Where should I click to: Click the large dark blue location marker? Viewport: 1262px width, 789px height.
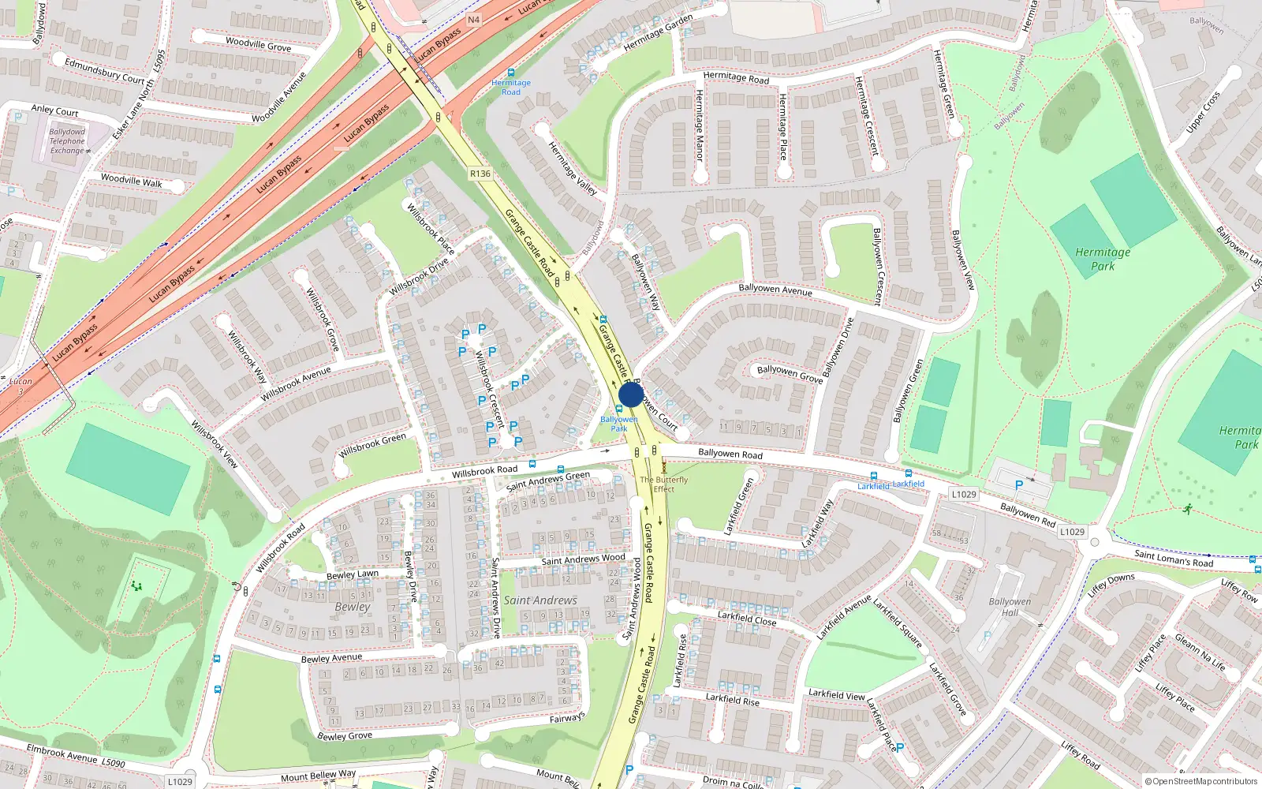(631, 394)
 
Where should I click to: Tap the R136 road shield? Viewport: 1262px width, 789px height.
(480, 174)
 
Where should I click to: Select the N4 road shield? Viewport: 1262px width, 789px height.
(473, 20)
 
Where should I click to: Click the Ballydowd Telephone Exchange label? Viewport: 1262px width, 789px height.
(67, 141)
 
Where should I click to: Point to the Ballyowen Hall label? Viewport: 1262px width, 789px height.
(1010, 607)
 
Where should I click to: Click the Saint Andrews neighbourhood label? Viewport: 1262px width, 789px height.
(540, 600)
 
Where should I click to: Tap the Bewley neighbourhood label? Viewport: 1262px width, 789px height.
(353, 607)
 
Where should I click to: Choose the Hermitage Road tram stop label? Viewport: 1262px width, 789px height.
(511, 87)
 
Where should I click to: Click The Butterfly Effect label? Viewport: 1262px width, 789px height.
(663, 484)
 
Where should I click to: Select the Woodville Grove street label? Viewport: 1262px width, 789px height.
(258, 44)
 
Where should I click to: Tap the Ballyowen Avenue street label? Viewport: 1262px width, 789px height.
(775, 290)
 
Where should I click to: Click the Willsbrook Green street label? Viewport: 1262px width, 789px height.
(372, 446)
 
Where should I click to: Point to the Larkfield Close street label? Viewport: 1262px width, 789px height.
(747, 618)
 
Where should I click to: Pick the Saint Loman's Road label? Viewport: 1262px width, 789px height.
(1174, 559)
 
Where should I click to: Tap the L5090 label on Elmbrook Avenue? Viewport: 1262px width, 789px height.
(113, 762)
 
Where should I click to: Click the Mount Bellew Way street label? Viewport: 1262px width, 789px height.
(318, 776)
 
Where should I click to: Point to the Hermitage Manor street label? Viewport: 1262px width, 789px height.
(699, 125)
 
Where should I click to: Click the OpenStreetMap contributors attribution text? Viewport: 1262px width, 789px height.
(1200, 781)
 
